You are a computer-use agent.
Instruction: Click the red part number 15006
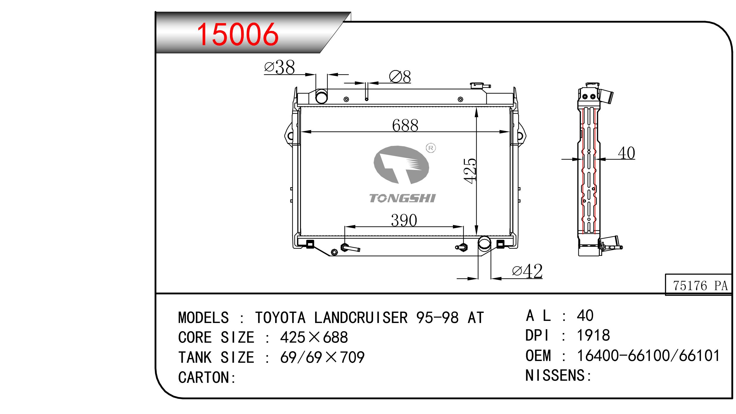click(x=238, y=35)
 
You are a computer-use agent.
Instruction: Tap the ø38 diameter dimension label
click(x=279, y=67)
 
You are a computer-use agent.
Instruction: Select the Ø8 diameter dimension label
click(x=400, y=77)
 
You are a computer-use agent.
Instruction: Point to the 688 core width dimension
click(x=405, y=125)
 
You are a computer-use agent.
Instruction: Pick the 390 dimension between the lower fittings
click(x=404, y=220)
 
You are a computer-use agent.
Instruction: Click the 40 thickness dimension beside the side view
click(x=626, y=153)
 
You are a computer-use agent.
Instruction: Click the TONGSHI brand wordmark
click(x=402, y=198)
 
